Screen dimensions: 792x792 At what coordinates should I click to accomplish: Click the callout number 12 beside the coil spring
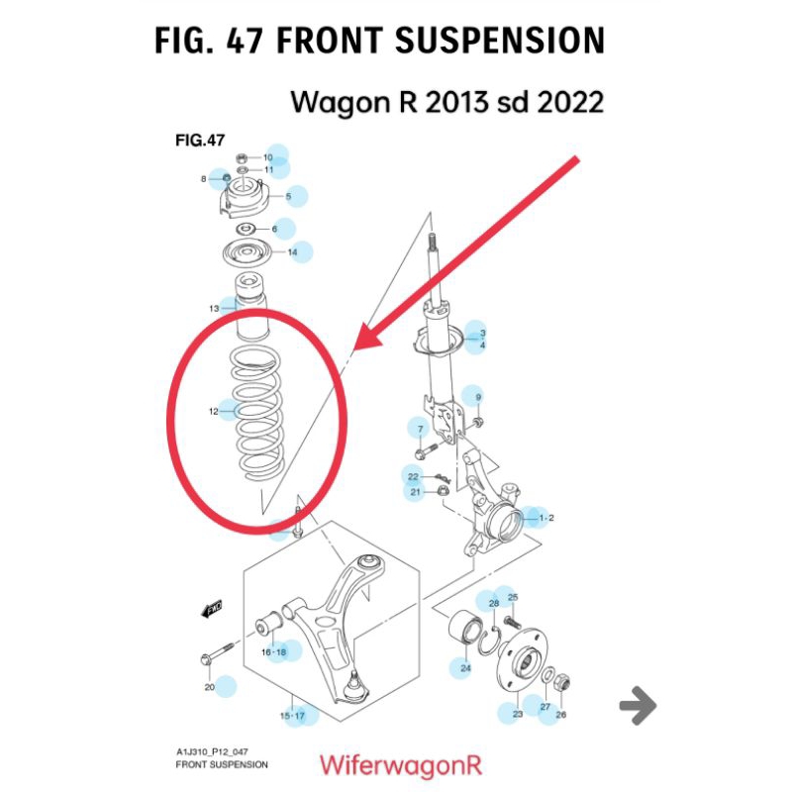(214, 411)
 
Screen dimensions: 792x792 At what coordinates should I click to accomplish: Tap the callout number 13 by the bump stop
(214, 309)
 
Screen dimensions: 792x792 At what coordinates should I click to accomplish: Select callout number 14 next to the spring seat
(292, 252)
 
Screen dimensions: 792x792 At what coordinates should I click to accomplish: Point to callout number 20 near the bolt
(209, 687)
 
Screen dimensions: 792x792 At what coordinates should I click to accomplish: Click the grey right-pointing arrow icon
(638, 706)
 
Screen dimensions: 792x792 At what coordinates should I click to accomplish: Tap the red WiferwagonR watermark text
(399, 764)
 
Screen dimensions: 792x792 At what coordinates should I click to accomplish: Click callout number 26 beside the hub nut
(560, 715)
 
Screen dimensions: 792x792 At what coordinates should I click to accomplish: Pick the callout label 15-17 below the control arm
(292, 715)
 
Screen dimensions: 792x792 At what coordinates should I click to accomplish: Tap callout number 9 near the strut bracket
(478, 397)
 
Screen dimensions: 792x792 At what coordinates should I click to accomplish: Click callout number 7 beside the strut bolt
(420, 429)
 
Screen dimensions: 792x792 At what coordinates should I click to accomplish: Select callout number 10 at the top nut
(267, 157)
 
